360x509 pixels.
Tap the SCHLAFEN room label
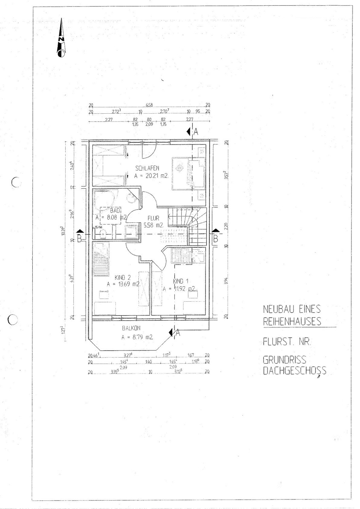[147, 168]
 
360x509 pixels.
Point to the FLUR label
[153, 218]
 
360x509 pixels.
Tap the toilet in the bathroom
[104, 233]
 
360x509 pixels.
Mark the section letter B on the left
[79, 239]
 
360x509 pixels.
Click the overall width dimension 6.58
[149, 106]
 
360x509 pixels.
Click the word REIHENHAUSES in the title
[292, 321]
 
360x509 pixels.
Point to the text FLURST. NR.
[287, 342]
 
